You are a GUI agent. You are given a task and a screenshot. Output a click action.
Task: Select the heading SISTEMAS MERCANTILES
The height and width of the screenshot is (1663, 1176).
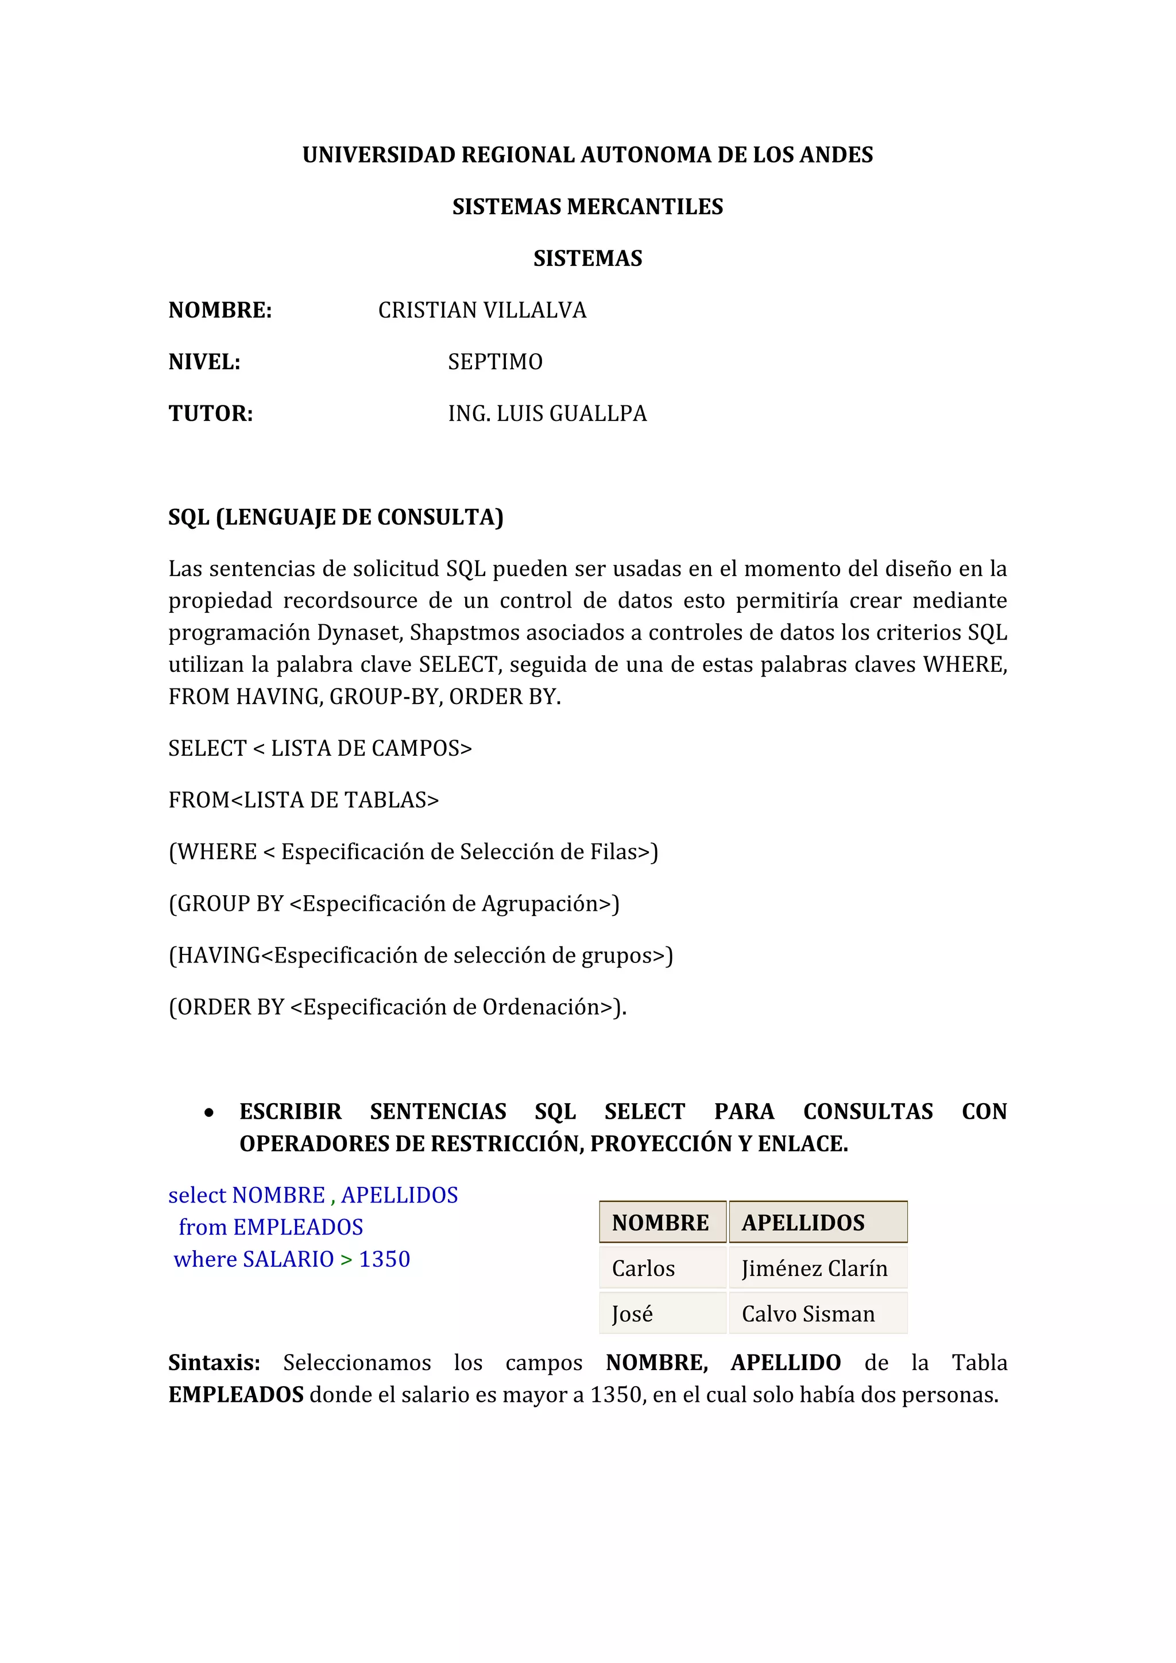point(587,207)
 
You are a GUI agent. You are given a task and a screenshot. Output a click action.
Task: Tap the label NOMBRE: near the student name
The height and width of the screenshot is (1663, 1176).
point(220,311)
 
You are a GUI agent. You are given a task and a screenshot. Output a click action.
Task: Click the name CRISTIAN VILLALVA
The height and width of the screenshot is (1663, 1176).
point(482,311)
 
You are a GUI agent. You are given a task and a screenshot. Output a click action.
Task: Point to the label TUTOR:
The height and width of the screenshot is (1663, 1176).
point(211,413)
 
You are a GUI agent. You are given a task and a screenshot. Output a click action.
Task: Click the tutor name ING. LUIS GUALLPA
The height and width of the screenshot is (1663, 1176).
point(547,413)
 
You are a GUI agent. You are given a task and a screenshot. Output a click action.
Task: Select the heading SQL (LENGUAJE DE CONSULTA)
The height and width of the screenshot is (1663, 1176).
point(336,517)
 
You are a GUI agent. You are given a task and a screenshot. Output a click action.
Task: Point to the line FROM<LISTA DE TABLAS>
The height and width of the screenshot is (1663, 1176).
point(303,800)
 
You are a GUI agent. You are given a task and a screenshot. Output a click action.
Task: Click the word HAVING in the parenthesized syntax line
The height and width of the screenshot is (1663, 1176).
point(219,956)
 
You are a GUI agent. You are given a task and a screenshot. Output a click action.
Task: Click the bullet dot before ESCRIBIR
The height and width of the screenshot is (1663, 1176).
point(209,1112)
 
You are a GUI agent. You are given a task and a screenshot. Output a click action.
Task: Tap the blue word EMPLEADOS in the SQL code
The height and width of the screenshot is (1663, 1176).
point(299,1228)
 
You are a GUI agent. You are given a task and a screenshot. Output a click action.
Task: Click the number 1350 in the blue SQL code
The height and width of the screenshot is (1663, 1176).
point(385,1259)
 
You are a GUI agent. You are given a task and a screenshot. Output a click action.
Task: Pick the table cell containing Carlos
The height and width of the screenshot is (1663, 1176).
point(662,1268)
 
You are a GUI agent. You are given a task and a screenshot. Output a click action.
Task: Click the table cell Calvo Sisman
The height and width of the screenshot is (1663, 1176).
point(818,1314)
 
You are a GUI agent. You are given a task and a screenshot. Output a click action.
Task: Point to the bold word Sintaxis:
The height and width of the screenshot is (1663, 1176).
point(214,1363)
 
